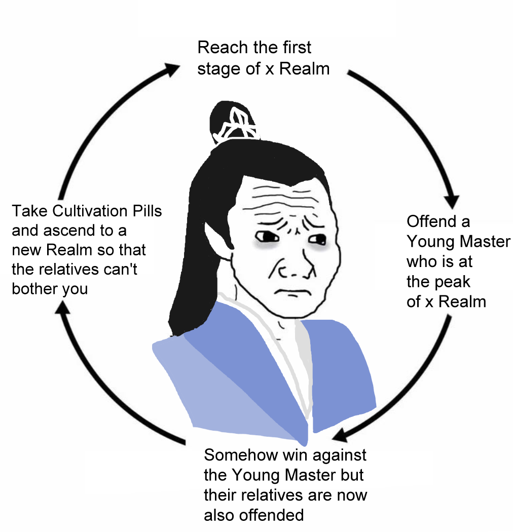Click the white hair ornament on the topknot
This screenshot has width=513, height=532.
[236, 124]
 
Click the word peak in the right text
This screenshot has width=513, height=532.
[453, 282]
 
